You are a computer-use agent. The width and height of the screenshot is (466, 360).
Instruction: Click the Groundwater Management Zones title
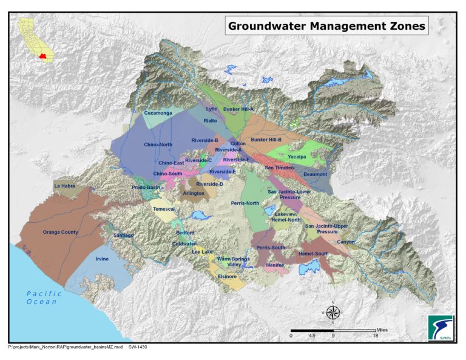[x=326, y=26]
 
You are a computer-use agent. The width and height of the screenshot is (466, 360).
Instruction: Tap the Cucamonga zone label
[x=158, y=113]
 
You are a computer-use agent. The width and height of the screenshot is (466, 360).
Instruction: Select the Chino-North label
[x=158, y=145]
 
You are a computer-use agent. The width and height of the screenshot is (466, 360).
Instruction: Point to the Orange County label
[x=60, y=232]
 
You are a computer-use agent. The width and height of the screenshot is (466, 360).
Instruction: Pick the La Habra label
[x=65, y=185]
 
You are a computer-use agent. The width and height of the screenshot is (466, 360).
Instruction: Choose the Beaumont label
[x=315, y=174]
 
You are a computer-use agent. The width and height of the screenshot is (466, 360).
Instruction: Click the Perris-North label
[x=245, y=203]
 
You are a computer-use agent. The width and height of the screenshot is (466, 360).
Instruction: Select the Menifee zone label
[x=275, y=265]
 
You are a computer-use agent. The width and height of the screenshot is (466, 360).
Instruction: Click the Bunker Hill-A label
[x=238, y=109]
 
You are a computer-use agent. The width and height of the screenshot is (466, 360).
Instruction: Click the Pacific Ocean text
[x=41, y=297]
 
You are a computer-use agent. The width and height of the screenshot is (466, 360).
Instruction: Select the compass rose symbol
[x=333, y=312]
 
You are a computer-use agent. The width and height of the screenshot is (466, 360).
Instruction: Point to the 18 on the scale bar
[x=376, y=336]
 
